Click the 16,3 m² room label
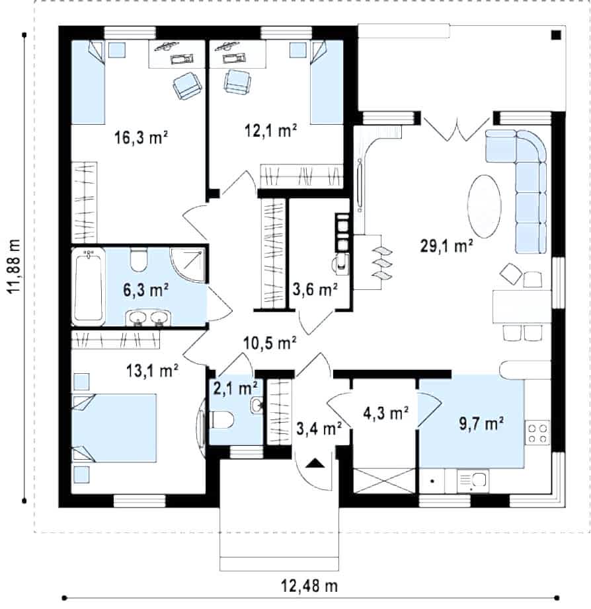[x=141, y=137]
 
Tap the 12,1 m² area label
[x=270, y=130]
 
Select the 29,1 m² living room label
[x=447, y=246]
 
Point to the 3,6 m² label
[x=315, y=289]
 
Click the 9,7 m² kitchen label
[x=481, y=423]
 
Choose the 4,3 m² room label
[x=385, y=413]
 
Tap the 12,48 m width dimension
[x=309, y=585]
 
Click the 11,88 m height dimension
[x=15, y=266]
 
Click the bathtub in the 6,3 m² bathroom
[x=89, y=286]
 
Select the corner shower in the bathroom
[x=188, y=265]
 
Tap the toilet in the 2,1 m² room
[x=221, y=420]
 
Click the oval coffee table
[x=484, y=207]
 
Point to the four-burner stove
[x=537, y=433]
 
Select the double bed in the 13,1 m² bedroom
[x=114, y=428]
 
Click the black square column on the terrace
[x=556, y=36]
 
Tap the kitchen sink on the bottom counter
[x=473, y=481]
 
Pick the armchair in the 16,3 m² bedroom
[x=188, y=85]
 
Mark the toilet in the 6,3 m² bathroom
[x=138, y=260]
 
